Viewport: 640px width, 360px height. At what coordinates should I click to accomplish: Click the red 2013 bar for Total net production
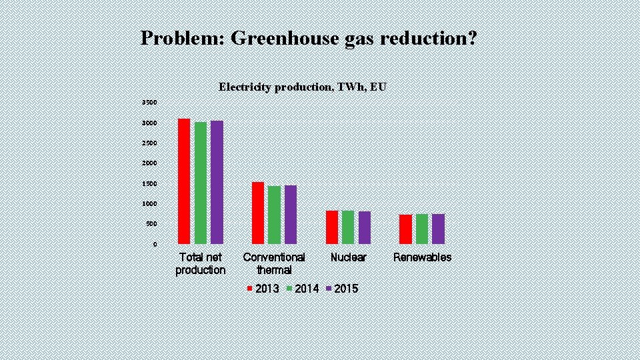click(184, 181)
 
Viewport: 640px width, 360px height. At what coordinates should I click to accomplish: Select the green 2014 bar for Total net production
click(201, 183)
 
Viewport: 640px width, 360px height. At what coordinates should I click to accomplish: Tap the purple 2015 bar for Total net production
click(217, 182)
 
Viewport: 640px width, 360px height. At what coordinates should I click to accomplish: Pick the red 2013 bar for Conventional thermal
click(258, 213)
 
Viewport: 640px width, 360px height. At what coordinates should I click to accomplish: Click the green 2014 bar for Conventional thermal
click(274, 215)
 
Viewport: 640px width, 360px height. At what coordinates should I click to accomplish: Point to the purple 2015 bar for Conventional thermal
click(291, 214)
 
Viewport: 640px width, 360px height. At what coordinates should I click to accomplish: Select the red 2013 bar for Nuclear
click(332, 227)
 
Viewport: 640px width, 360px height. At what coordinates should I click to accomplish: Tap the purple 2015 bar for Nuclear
click(365, 227)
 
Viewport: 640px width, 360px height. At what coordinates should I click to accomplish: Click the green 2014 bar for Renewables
click(422, 229)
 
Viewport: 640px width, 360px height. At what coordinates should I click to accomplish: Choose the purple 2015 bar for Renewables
click(438, 229)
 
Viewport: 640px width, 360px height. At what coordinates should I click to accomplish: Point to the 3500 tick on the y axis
click(149, 103)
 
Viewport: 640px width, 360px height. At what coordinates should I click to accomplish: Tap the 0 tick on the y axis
click(155, 245)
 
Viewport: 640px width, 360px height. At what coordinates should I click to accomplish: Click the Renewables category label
click(422, 257)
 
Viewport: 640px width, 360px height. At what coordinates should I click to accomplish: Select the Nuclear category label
click(348, 257)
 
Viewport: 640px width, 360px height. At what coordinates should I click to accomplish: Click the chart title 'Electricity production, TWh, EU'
click(302, 87)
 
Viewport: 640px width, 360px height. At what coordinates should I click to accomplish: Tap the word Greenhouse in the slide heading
click(285, 38)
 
